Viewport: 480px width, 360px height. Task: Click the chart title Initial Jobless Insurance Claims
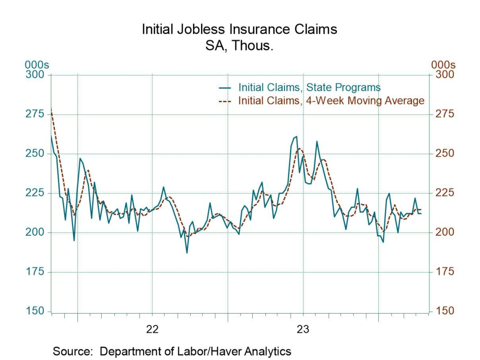click(x=240, y=29)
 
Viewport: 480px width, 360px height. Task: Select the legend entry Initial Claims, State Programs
click(x=309, y=87)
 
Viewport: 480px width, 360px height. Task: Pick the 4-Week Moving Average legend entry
click(x=331, y=100)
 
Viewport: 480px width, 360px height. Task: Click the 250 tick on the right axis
click(x=445, y=154)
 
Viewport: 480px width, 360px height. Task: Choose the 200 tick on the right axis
click(x=445, y=232)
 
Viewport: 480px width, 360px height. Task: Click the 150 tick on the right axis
click(x=445, y=311)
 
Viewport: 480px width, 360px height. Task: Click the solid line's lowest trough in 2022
click(x=187, y=253)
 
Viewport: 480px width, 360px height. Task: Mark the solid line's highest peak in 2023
click(x=296, y=136)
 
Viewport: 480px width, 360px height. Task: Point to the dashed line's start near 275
click(x=51, y=109)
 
